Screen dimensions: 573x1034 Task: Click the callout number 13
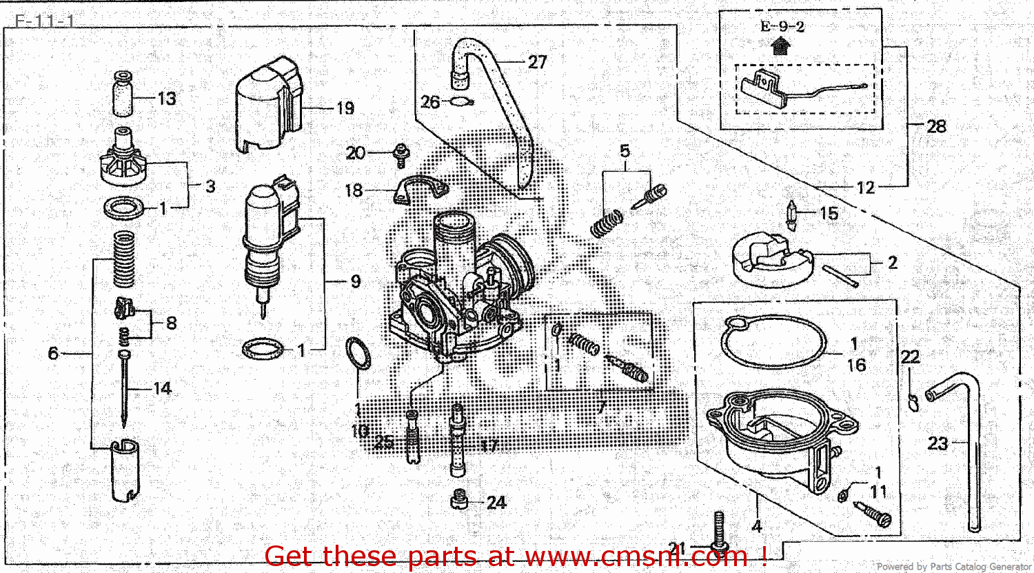[167, 99]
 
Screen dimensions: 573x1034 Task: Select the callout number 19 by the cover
[345, 108]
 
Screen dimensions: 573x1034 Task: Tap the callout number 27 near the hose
[537, 62]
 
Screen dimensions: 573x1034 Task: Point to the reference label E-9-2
[782, 27]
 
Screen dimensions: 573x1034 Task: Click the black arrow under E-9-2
[781, 47]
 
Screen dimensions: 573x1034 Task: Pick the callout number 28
[936, 126]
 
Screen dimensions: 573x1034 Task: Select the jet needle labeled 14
[124, 386]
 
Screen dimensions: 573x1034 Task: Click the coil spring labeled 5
[607, 222]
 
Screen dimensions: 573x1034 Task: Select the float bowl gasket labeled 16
[773, 342]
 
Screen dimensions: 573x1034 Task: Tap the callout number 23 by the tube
[937, 443]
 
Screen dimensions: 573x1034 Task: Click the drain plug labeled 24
[459, 501]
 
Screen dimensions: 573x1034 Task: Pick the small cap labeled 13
[124, 93]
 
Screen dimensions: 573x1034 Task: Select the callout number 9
[355, 281]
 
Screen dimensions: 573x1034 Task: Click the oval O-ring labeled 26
[460, 103]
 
